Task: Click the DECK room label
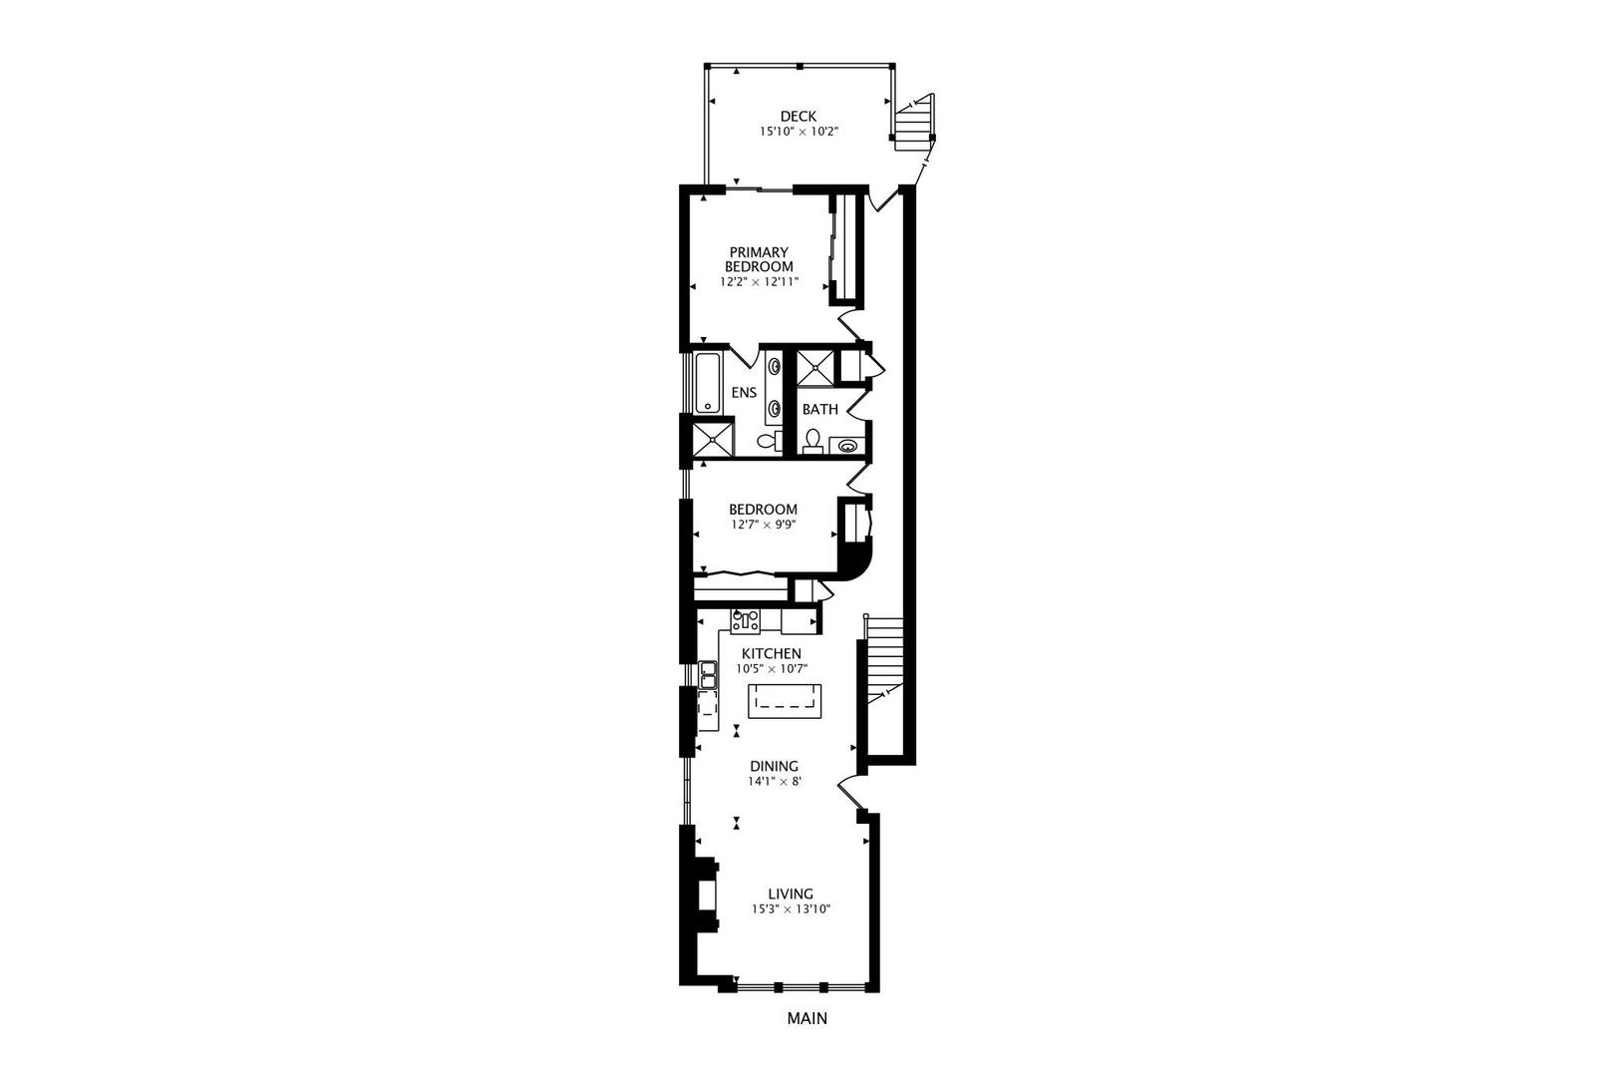pos(798,117)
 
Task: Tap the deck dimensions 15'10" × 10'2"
pos(798,132)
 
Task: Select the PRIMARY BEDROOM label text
pos(759,259)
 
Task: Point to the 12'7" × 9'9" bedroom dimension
pos(763,525)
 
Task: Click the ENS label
pos(744,393)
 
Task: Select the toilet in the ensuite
pos(769,440)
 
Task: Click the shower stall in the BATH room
pos(815,368)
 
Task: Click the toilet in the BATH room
pos(813,440)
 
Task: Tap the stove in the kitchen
pos(746,621)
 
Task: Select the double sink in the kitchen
pos(708,676)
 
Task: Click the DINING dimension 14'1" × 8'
pos(775,782)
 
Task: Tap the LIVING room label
pos(790,895)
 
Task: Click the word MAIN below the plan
pos(807,1019)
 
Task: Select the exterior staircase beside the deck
pos(914,122)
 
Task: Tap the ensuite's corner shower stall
pos(714,440)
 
